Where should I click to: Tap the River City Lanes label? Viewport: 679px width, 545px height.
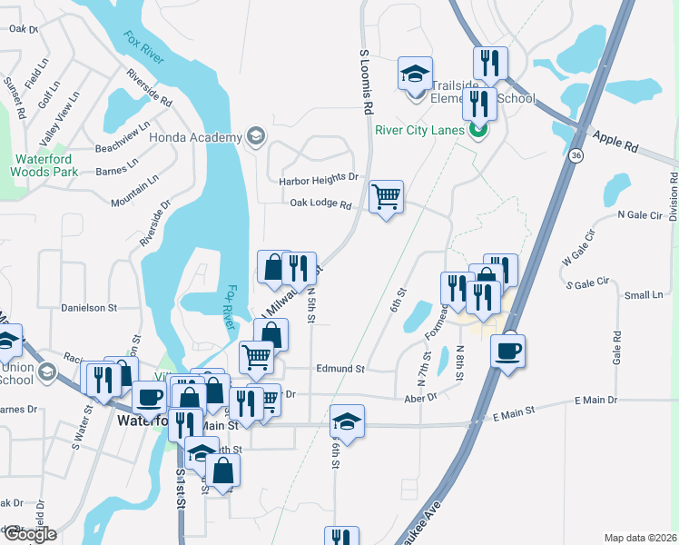coord(420,129)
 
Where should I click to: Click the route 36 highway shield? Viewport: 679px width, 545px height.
coord(576,156)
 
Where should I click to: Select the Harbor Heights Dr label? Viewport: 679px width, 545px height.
coord(319,180)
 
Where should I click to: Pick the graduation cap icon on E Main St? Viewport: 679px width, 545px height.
coord(347,421)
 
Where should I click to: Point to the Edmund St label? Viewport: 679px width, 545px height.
coord(339,370)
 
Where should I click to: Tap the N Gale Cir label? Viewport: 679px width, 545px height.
coord(640,214)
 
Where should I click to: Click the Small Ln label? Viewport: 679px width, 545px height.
coord(645,295)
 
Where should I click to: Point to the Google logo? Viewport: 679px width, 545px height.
coord(29,534)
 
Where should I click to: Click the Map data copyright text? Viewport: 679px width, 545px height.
coord(640,538)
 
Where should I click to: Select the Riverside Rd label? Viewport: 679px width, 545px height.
coord(150,87)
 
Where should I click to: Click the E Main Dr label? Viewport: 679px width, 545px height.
coord(595,400)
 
